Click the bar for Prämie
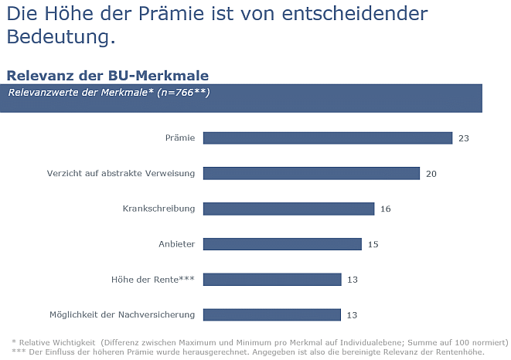point(327,138)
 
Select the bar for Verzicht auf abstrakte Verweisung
point(311,174)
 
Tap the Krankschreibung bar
point(288,209)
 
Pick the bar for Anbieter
point(282,244)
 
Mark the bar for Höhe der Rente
point(271,279)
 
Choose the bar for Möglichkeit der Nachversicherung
point(271,314)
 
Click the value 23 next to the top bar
point(464,138)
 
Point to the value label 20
point(431,174)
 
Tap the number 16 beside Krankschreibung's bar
point(386,209)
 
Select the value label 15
point(373,244)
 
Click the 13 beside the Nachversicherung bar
point(353,314)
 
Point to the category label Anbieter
point(176,244)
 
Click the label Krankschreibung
point(158,209)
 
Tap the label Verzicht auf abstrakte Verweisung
point(121,174)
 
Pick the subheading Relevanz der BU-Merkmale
point(107,75)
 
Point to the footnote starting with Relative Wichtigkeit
point(260,341)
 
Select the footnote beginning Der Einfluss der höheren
point(247,352)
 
